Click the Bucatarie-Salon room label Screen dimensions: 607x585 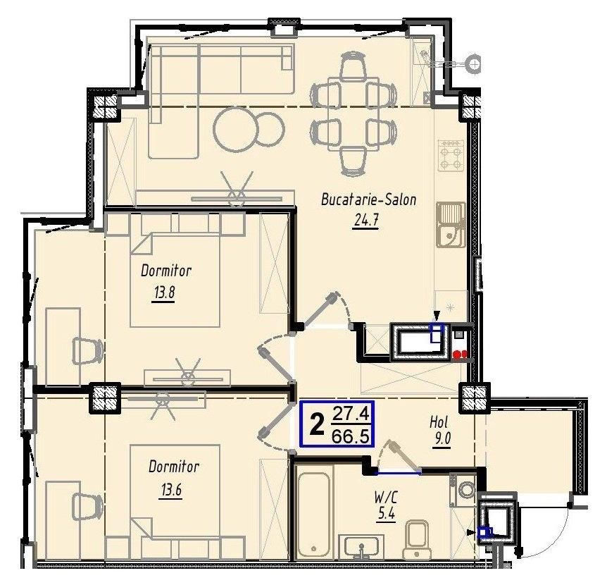click(x=368, y=200)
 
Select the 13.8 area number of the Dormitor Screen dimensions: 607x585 click(x=165, y=292)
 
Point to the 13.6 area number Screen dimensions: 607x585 click(x=171, y=490)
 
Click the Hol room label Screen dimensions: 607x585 click(x=439, y=422)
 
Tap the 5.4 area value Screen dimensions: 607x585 click(x=387, y=515)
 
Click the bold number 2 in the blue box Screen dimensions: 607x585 click(x=317, y=424)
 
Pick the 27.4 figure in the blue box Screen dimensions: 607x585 click(x=351, y=414)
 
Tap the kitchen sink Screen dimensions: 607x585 click(x=451, y=225)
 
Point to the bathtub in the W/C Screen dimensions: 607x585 click(x=314, y=512)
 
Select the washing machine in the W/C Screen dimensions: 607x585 click(x=463, y=490)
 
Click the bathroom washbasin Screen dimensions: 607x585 click(x=361, y=547)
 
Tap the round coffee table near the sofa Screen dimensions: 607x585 click(x=237, y=129)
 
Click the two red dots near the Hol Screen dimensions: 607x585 click(x=461, y=354)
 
